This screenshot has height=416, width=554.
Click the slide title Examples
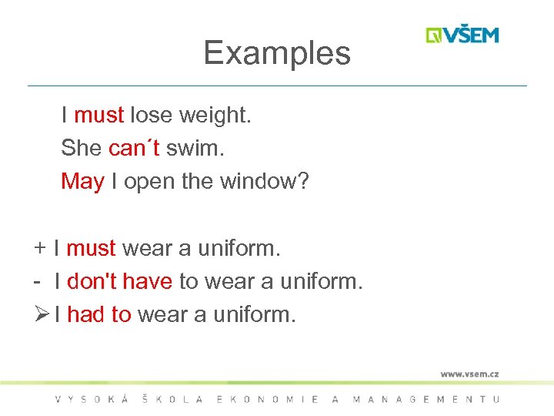(277, 53)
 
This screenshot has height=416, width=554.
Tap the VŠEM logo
(462, 35)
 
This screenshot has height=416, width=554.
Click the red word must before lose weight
(98, 116)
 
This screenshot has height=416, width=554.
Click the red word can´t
(134, 149)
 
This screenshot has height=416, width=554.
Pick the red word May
(82, 183)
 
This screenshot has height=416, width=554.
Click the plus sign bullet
(38, 249)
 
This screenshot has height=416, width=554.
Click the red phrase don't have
(119, 282)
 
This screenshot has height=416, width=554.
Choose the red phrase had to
(99, 314)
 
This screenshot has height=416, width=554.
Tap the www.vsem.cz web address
(469, 374)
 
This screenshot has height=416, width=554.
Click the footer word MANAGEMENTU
(426, 399)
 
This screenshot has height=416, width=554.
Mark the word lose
(151, 116)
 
